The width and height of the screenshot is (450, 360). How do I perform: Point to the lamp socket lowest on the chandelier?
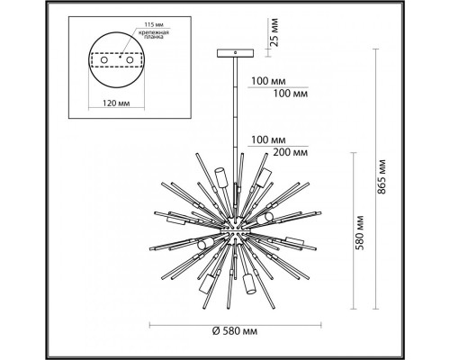(246, 286)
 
